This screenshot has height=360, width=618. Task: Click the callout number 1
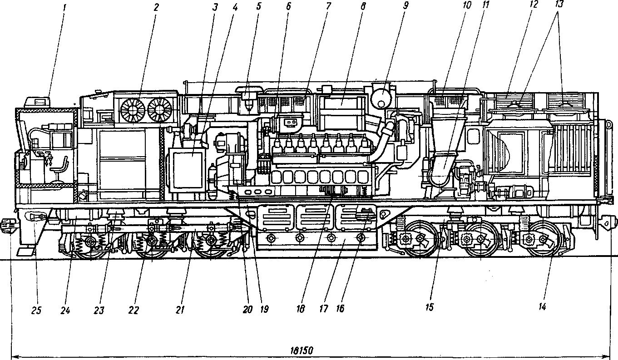(64, 7)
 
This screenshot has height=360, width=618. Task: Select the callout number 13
(559, 5)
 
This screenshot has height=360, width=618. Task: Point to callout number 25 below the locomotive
(36, 311)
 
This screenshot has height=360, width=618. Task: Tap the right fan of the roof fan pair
(160, 110)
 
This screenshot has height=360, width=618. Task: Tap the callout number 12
(533, 5)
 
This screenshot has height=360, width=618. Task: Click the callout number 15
(429, 307)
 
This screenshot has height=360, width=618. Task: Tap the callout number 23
(99, 311)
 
